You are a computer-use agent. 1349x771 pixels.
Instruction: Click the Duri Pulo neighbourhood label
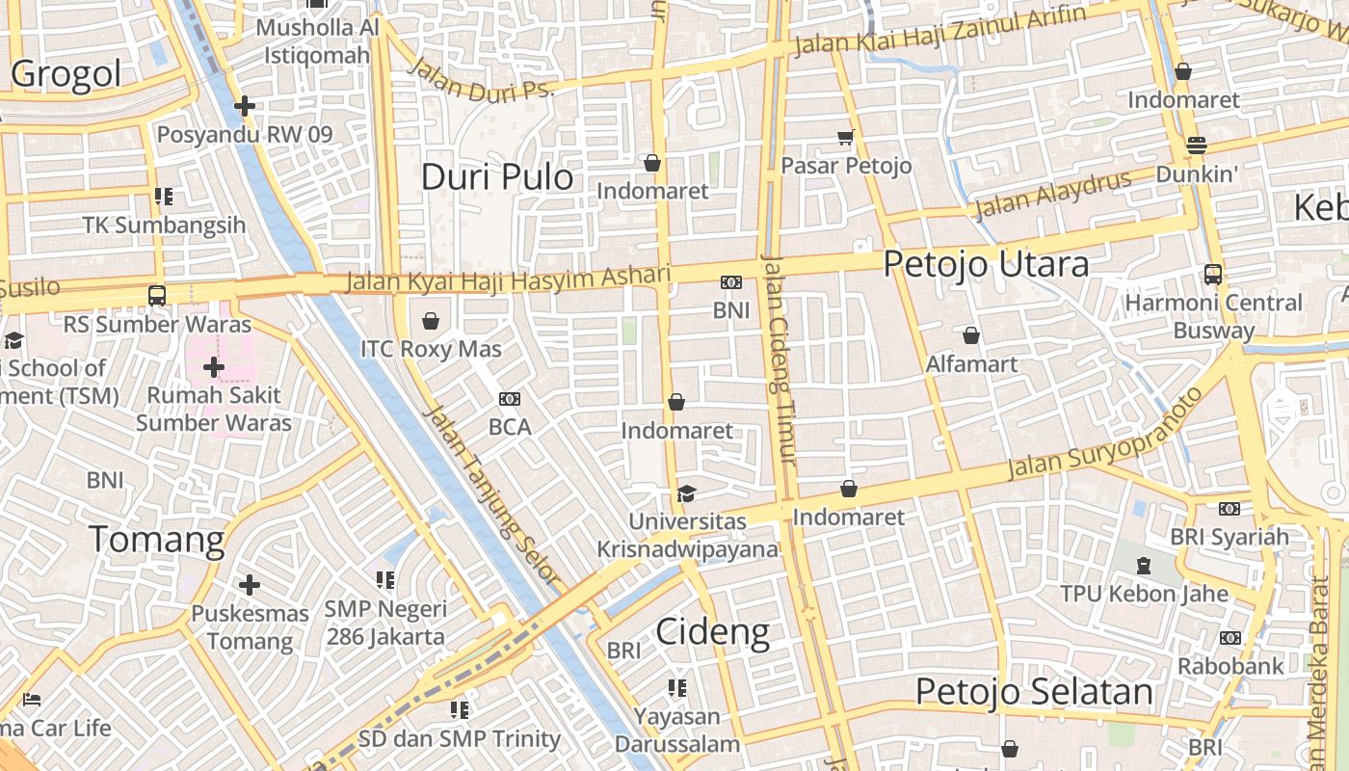tap(497, 177)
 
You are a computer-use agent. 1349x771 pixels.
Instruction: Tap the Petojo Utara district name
tap(986, 264)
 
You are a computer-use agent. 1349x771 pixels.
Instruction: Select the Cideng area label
tap(712, 632)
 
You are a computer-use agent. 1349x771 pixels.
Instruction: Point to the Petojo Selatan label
tap(1033, 692)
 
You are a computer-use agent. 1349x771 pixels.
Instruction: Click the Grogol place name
tap(66, 74)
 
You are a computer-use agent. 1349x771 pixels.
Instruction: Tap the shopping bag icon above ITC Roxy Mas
tap(431, 320)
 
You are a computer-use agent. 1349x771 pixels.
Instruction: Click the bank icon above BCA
tap(510, 398)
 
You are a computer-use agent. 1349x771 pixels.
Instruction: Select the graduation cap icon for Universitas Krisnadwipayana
tap(686, 493)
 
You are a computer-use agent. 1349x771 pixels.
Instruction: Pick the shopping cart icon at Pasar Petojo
tap(846, 138)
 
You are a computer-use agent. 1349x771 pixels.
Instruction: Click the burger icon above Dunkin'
tap(1197, 146)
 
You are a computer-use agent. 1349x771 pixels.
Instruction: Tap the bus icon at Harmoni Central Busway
tap(1213, 275)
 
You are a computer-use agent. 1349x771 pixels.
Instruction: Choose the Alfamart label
tap(971, 364)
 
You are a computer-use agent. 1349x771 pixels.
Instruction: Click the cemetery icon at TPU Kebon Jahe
tap(1144, 565)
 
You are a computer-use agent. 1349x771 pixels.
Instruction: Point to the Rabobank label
tap(1230, 666)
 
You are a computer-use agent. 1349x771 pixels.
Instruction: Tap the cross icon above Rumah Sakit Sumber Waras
tap(214, 367)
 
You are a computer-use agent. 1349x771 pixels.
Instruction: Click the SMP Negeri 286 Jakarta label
tap(385, 623)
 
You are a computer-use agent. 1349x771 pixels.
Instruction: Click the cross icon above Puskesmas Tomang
tap(250, 585)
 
